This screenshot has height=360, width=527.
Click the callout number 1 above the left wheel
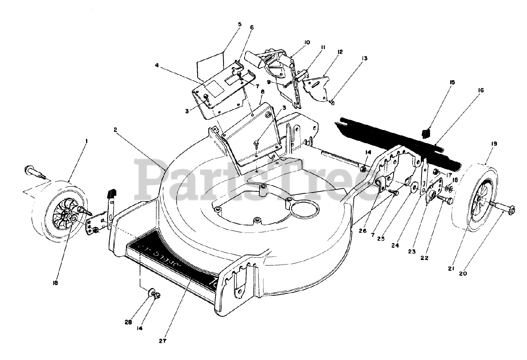(x=86, y=141)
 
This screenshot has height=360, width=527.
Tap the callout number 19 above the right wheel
(x=494, y=144)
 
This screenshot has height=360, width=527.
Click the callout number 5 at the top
(x=240, y=24)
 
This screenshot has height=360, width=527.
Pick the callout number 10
(x=307, y=42)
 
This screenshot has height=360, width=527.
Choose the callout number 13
(x=364, y=58)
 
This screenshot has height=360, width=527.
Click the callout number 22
(x=424, y=258)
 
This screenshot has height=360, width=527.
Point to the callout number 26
(x=362, y=231)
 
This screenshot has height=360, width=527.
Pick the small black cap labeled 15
(x=426, y=133)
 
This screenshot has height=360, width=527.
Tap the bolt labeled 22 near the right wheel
(x=445, y=200)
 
